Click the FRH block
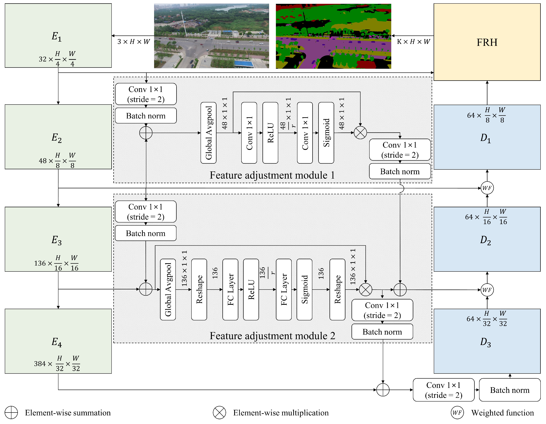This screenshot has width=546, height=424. [487, 42]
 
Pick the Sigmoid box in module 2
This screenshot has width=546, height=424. [304, 289]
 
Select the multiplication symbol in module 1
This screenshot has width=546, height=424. [360, 132]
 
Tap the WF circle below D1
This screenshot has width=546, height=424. [487, 188]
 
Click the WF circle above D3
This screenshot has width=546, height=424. [487, 290]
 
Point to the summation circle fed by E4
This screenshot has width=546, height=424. [383, 390]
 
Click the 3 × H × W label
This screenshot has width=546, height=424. [134, 42]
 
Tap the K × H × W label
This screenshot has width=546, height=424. [413, 42]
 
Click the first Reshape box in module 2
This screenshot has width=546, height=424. [199, 289]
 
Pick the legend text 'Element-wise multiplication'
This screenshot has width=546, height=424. [281, 413]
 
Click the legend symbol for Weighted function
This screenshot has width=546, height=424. [457, 413]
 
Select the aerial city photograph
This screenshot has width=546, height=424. [212, 36]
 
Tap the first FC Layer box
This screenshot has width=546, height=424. [230, 289]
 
